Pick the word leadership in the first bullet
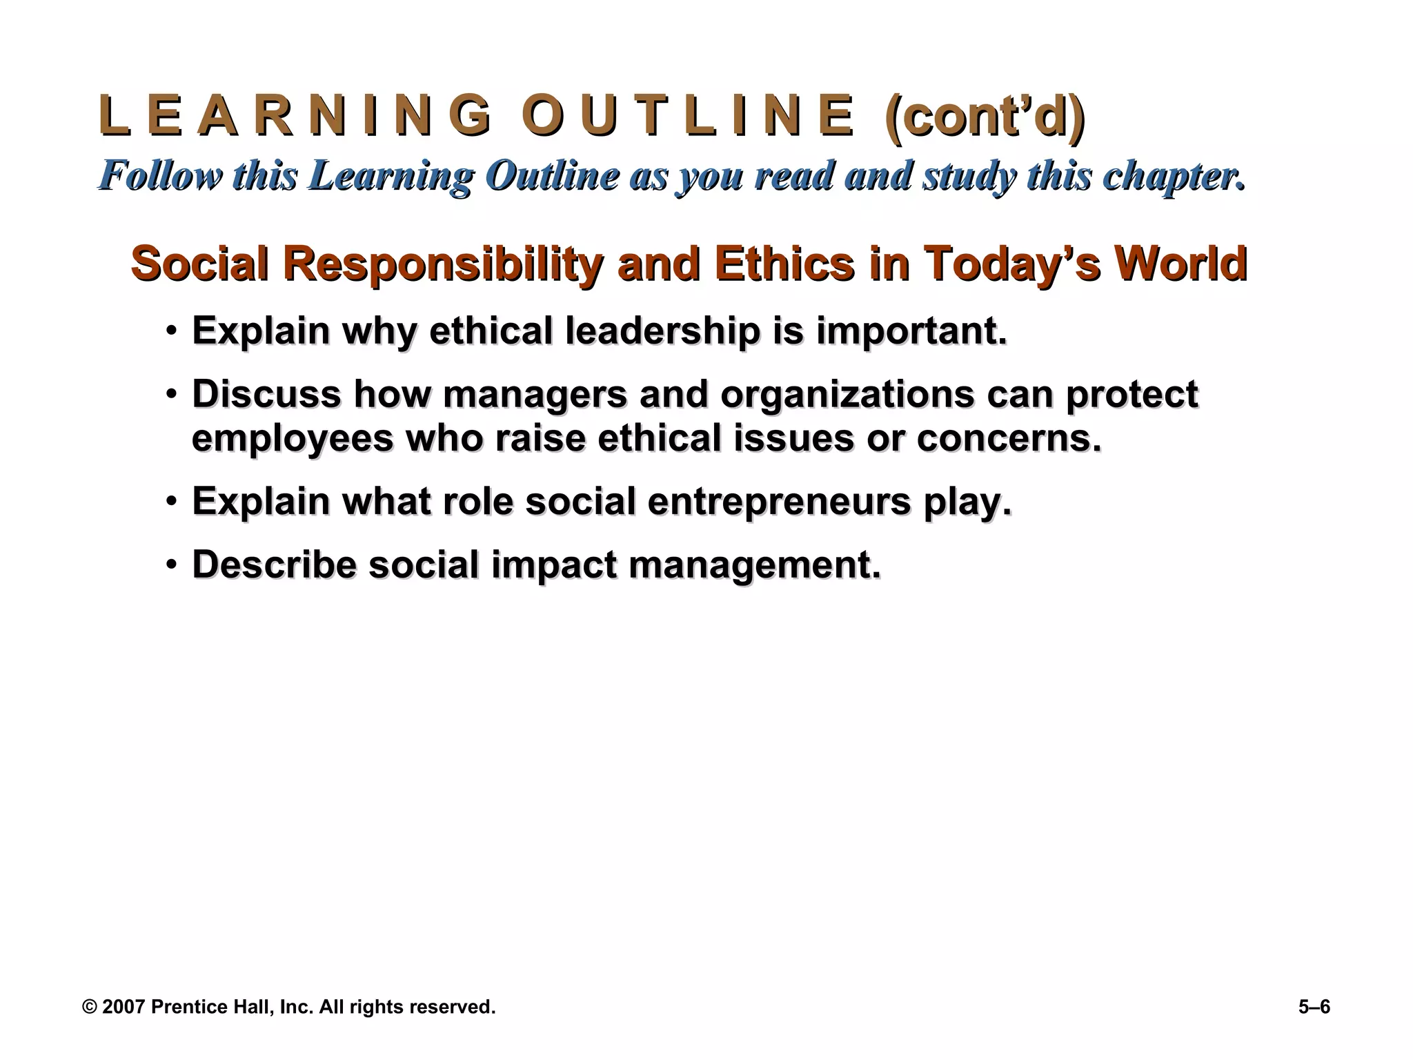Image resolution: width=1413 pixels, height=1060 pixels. [x=662, y=331]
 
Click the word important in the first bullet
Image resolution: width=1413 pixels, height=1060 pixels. [x=911, y=331]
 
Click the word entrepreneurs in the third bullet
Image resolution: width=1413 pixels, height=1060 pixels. [x=779, y=502]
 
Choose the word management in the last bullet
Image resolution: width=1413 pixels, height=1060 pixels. [x=755, y=565]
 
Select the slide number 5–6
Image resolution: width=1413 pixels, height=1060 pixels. [x=1314, y=1007]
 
